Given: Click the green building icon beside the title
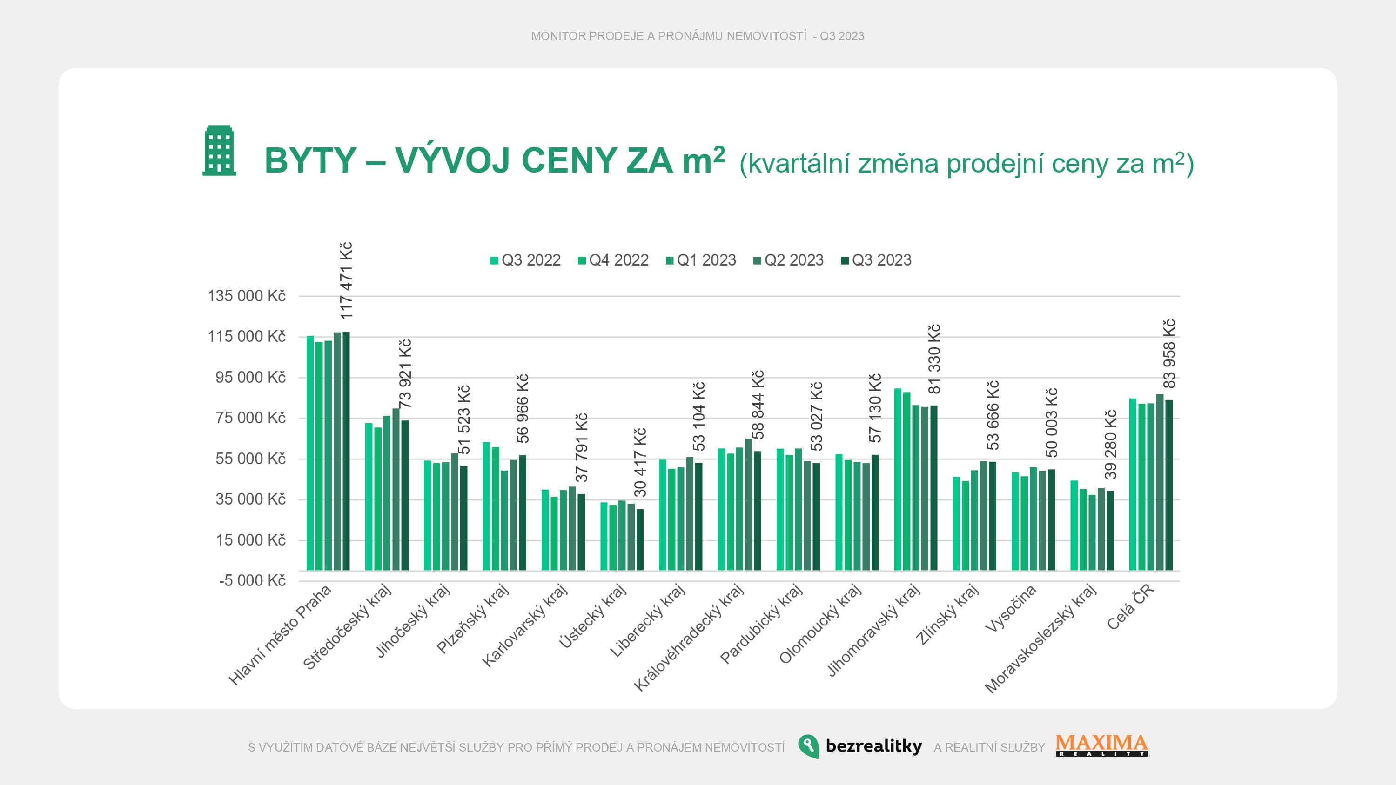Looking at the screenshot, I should [219, 151].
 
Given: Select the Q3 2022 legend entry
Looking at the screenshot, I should [525, 260].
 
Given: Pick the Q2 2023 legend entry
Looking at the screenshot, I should [788, 260].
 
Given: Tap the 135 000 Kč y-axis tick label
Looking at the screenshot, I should [247, 296].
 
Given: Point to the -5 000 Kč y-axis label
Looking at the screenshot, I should [252, 581].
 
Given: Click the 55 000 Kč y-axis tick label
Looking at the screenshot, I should [250, 459].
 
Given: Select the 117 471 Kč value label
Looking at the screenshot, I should [346, 280].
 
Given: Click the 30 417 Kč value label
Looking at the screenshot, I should [640, 462].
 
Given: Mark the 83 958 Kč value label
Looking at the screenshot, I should [1169, 354].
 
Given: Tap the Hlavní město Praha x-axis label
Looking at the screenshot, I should [280, 635].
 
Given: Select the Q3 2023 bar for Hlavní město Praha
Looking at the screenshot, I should [346, 451].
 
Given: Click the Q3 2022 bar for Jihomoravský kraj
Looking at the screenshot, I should [898, 479].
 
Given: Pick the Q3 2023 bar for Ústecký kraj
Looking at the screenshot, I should [640, 539].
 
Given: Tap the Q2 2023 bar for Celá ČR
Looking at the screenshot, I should [1160, 482].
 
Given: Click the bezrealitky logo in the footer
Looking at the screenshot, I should [860, 746].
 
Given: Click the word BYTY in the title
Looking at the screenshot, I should [310, 160].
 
